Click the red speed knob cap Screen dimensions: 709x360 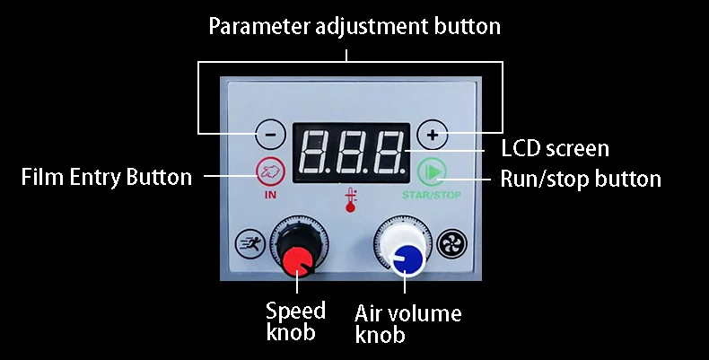[x=295, y=260]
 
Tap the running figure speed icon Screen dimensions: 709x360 [x=248, y=243]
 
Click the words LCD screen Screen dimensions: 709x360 [x=554, y=148]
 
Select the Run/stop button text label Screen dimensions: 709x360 [x=580, y=178]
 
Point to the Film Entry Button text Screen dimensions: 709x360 [x=106, y=176]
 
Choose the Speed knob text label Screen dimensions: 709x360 [x=295, y=321]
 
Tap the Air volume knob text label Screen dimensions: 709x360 [x=407, y=324]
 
